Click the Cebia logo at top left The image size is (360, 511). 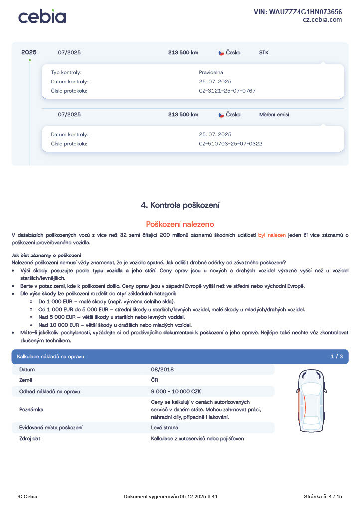pos(42,16)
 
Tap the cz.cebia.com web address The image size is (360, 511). pos(322,20)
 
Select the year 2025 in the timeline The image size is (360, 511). pos(29,52)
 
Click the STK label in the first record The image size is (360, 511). pos(264,52)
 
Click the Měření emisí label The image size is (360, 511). pos(274,114)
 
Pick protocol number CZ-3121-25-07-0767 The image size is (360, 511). pos(227,91)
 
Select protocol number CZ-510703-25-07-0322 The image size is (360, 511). pos(230,144)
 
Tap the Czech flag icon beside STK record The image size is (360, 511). pos(221,53)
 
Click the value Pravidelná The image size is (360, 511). pos(211,72)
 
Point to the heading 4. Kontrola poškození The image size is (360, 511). pos(180,205)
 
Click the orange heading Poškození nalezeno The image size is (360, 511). pos(180,224)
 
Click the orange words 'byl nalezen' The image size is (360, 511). pos(272,235)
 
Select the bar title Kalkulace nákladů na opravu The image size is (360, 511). pos(50,357)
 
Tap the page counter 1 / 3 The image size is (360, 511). pos(336,357)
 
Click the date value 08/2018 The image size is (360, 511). pos(162,369)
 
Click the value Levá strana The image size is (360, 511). pos(164,427)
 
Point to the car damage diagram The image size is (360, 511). pos(310,402)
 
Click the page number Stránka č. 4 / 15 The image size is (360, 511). pos(323,496)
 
